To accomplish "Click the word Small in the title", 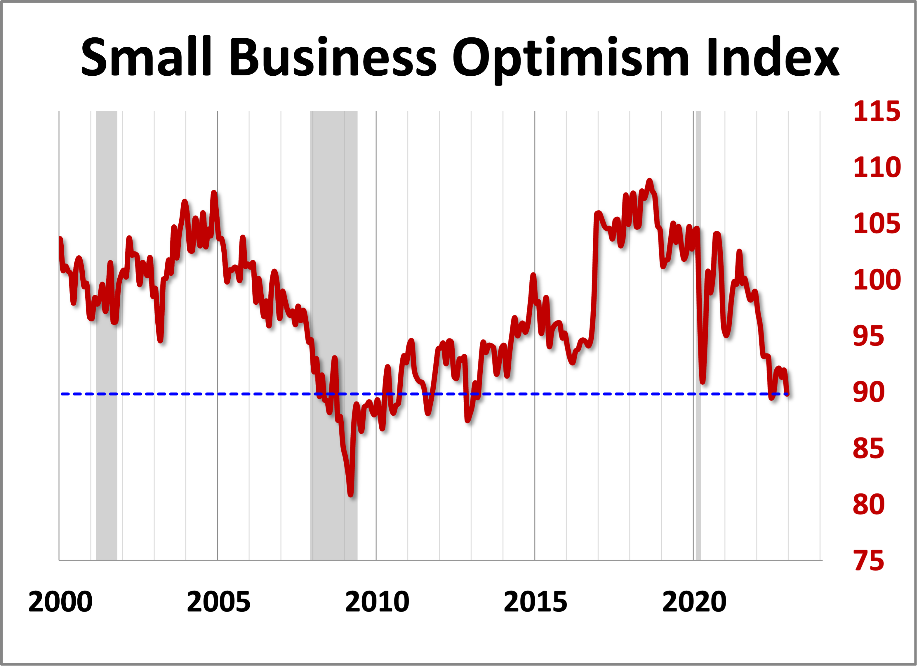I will point(147,57).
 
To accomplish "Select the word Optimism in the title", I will point(570,59).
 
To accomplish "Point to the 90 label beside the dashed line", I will point(868,392).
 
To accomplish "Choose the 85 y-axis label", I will point(868,449).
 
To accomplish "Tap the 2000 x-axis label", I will point(60,602).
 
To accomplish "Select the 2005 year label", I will point(219,602).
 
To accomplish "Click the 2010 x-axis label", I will point(377,602).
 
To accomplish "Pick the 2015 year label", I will point(535,602).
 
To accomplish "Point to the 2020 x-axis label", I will point(694,602).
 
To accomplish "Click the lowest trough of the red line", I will point(350,494).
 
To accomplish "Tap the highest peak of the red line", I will point(649,181).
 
